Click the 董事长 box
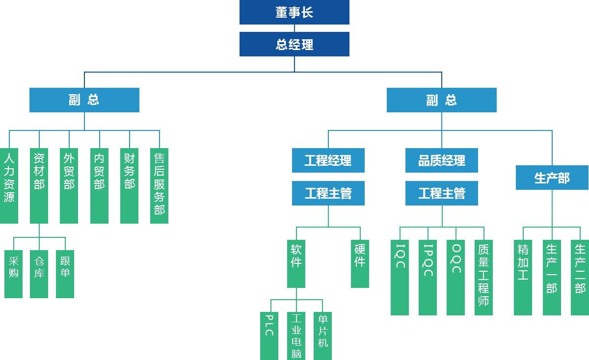click(x=294, y=12)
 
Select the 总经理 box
click(x=294, y=44)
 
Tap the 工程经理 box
click(x=328, y=160)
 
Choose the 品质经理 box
click(x=441, y=160)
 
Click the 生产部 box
click(x=552, y=178)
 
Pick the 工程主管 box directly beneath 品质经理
click(x=441, y=193)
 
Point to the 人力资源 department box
click(x=9, y=185)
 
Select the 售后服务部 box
click(x=159, y=185)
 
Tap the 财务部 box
click(x=129, y=185)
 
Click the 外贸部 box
click(x=69, y=185)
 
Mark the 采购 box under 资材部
click(x=13, y=274)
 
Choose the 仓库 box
click(x=39, y=274)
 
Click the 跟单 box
click(x=65, y=274)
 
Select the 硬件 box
click(x=360, y=263)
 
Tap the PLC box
click(x=269, y=335)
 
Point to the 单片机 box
click(x=322, y=335)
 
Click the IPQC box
click(x=428, y=277)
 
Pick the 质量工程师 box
click(x=483, y=277)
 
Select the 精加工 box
click(x=523, y=277)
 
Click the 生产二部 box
click(x=580, y=277)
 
